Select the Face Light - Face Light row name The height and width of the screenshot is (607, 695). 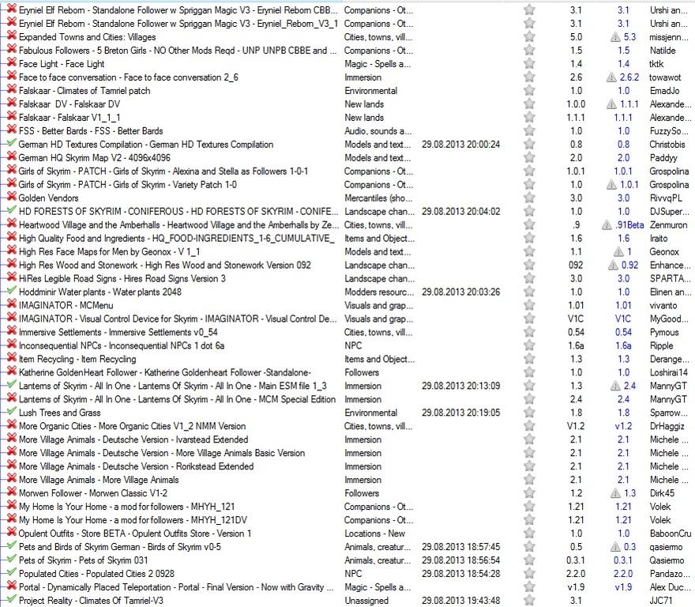tap(62, 64)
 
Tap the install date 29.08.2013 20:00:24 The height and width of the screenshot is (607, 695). tap(460, 145)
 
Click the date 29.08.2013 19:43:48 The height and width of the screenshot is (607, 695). tap(460, 601)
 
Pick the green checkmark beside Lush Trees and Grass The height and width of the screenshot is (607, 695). tap(11, 413)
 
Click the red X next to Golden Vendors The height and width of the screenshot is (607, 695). tap(11, 198)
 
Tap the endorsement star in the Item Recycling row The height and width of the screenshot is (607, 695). tap(529, 359)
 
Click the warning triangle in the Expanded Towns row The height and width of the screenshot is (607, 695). tap(614, 37)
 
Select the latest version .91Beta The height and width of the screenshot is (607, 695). tap(629, 224)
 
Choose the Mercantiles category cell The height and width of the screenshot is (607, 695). tap(378, 198)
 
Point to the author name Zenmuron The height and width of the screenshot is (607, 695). tap(669, 224)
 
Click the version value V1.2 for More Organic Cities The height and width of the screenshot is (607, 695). tap(576, 426)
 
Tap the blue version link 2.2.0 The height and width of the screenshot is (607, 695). tap(623, 574)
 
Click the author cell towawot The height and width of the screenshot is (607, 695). tap(669, 77)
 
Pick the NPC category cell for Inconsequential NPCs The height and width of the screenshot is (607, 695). tap(353, 345)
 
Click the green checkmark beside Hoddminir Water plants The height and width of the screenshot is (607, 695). tap(11, 292)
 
